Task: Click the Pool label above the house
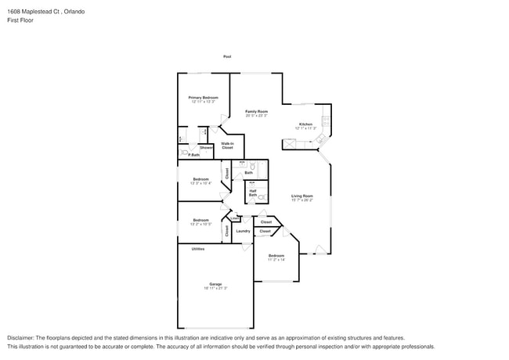227,56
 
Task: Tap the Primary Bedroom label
203,97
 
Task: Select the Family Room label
256,111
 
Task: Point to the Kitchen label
305,124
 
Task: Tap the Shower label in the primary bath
206,147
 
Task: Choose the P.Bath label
193,155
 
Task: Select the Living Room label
302,196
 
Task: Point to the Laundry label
243,231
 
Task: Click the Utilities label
198,249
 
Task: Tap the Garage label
215,283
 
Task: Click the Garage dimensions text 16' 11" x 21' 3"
215,288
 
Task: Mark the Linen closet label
235,218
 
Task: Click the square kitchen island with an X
290,142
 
